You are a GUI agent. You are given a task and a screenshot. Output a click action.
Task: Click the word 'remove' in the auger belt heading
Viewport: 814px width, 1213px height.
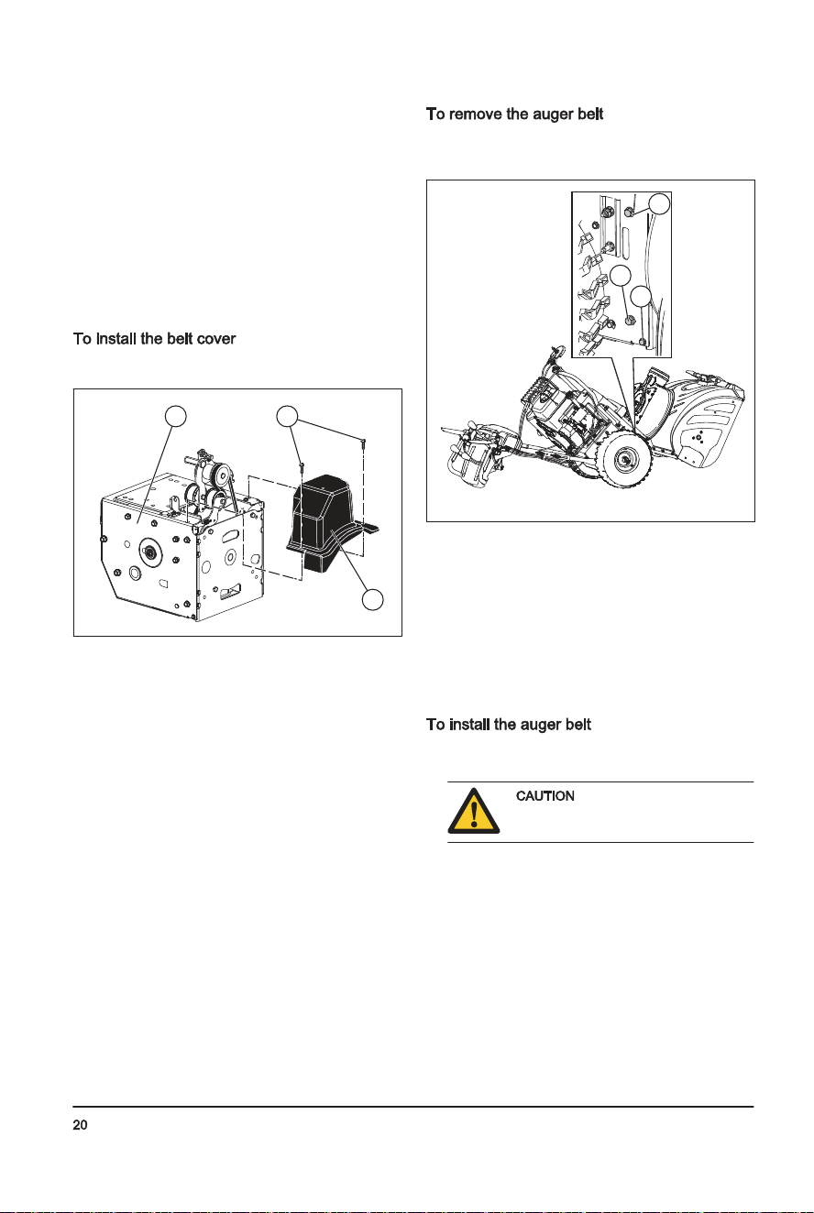tap(476, 115)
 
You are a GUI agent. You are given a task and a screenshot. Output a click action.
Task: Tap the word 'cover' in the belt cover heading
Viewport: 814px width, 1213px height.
tap(216, 339)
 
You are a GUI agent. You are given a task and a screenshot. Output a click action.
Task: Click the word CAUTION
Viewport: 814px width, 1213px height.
tap(544, 796)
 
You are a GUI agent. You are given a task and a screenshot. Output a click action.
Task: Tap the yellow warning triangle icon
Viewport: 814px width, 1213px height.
tap(474, 812)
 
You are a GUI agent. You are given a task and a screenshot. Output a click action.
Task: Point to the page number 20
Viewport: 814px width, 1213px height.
tap(80, 1125)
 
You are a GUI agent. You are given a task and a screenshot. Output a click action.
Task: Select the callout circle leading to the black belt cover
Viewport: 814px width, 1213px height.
tap(372, 599)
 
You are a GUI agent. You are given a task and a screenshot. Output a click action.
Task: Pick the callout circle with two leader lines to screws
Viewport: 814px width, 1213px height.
tap(287, 416)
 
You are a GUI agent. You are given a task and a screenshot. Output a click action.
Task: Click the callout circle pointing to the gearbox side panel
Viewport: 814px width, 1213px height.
tap(175, 416)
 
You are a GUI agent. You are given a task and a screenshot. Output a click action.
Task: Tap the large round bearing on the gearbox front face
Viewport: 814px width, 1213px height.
tap(149, 552)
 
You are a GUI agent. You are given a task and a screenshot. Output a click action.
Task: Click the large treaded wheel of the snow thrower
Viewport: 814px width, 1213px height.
tap(625, 459)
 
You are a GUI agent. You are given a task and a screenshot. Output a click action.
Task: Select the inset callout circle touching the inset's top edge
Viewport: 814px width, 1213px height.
tap(660, 203)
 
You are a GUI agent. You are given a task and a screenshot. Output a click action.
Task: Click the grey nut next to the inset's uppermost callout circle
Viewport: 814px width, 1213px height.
tap(629, 212)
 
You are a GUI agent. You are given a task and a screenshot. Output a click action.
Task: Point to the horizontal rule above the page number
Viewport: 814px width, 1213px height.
tap(413, 1107)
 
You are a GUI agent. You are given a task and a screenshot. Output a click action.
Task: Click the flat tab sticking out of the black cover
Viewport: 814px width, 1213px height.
tap(368, 527)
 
